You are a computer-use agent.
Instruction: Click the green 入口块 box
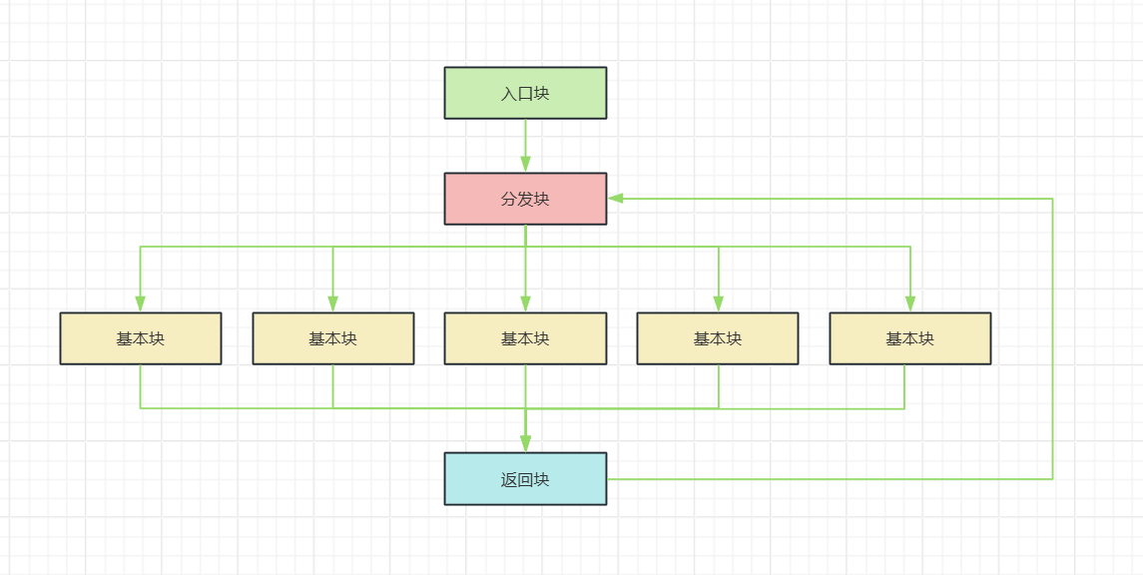(x=525, y=93)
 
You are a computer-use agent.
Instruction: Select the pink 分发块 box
(x=525, y=199)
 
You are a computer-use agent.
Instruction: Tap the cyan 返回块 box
(x=525, y=479)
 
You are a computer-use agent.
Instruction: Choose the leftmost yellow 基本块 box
(x=141, y=338)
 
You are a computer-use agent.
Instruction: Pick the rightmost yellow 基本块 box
(x=910, y=338)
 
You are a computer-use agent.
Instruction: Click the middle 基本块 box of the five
(x=525, y=338)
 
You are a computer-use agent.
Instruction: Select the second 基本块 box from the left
(x=333, y=338)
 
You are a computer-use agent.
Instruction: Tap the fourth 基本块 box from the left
(x=718, y=338)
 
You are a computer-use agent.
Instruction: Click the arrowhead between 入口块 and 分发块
(x=525, y=164)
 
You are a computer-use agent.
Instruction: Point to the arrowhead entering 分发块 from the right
(x=617, y=199)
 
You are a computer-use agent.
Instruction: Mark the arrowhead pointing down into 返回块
(x=525, y=444)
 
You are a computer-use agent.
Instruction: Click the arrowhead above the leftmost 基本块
(x=141, y=303)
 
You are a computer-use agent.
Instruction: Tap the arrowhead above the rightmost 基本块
(x=910, y=303)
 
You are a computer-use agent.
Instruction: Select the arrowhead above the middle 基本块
(x=525, y=303)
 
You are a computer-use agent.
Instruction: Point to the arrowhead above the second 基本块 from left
(x=333, y=303)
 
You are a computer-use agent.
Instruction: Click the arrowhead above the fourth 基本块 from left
(x=718, y=303)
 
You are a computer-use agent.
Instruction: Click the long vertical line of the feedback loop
(x=1052, y=338)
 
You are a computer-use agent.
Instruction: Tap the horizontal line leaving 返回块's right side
(x=830, y=479)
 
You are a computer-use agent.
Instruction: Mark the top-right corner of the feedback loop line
(x=1052, y=199)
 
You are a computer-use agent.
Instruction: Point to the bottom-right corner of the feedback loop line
(x=1052, y=479)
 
